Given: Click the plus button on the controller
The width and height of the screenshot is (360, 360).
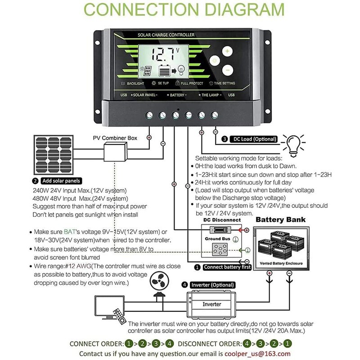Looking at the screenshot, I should pyautogui.click(x=228, y=52).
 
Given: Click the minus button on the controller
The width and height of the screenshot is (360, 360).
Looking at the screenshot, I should pyautogui.click(x=228, y=70).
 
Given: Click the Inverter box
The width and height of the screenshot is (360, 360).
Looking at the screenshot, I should pyautogui.click(x=211, y=304).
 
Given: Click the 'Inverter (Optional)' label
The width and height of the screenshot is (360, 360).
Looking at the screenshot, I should pyautogui.click(x=212, y=285).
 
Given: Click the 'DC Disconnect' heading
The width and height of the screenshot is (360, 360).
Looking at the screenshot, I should pyautogui.click(x=222, y=220).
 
